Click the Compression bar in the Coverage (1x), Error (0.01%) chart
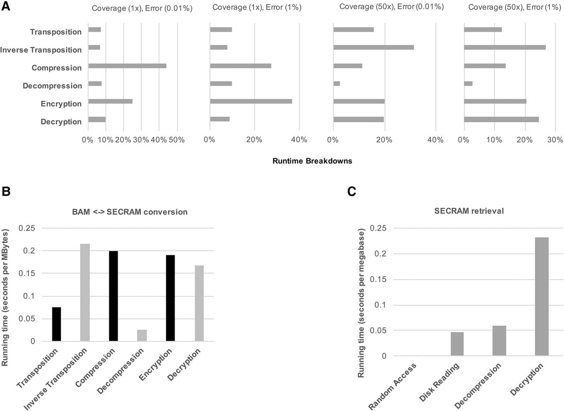tap(127, 66)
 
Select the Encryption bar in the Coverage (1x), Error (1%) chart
tap(251, 101)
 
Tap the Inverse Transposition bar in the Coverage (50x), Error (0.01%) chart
tap(374, 47)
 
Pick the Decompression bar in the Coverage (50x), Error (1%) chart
tap(468, 83)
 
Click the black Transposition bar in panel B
tap(56, 324)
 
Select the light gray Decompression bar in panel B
tap(142, 336)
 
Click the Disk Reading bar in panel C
tap(457, 344)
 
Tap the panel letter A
tap(6, 6)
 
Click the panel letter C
tap(352, 191)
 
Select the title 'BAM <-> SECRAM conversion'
tap(130, 212)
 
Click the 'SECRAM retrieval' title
tap(469, 211)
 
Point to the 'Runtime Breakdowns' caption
tap(312, 161)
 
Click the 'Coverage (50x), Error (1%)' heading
tap(515, 7)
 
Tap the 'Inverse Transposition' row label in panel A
tap(41, 50)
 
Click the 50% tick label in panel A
tap(177, 140)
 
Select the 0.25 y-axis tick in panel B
tap(27, 228)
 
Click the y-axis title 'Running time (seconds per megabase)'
tap(361, 303)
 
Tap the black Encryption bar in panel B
tap(171, 298)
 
